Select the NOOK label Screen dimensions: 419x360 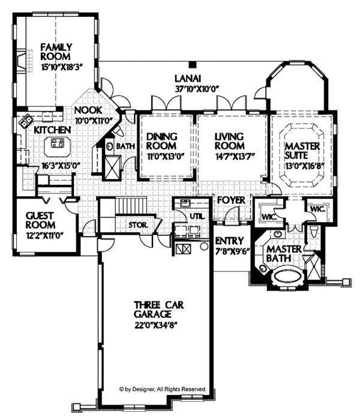[88, 110]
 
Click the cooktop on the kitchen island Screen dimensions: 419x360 [58, 143]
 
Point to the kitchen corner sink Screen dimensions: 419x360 [27, 122]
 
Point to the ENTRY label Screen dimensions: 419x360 [228, 241]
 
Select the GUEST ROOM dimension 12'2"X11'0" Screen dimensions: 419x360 [44, 228]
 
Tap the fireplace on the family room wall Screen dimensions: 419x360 [21, 60]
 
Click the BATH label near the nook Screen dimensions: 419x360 [125, 146]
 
